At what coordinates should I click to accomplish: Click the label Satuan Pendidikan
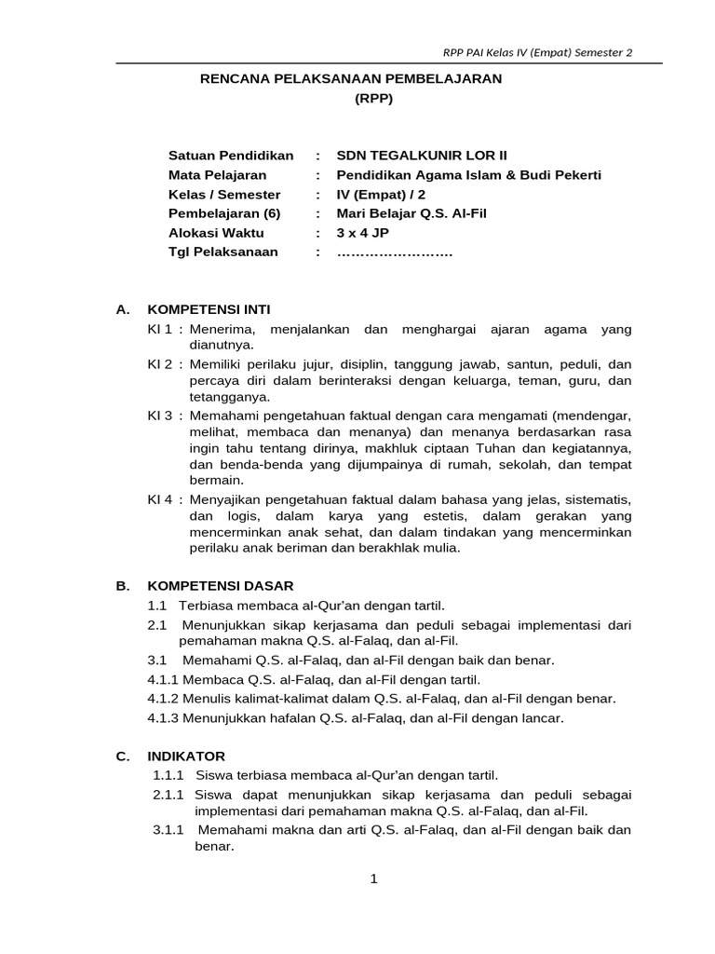[x=230, y=156]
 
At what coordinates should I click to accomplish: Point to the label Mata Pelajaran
[x=217, y=175]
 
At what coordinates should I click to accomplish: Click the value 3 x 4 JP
[x=363, y=233]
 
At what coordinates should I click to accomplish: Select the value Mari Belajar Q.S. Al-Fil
[x=411, y=213]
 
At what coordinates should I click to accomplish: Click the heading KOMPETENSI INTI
[x=209, y=309]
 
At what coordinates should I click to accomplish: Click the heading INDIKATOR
[x=185, y=756]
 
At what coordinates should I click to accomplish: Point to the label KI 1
[x=160, y=329]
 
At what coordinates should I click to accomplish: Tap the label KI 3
[x=160, y=413]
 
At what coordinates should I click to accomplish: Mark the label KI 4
[x=160, y=498]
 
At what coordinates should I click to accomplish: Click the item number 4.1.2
[x=164, y=698]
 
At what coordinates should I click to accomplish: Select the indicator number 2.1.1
[x=171, y=795]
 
